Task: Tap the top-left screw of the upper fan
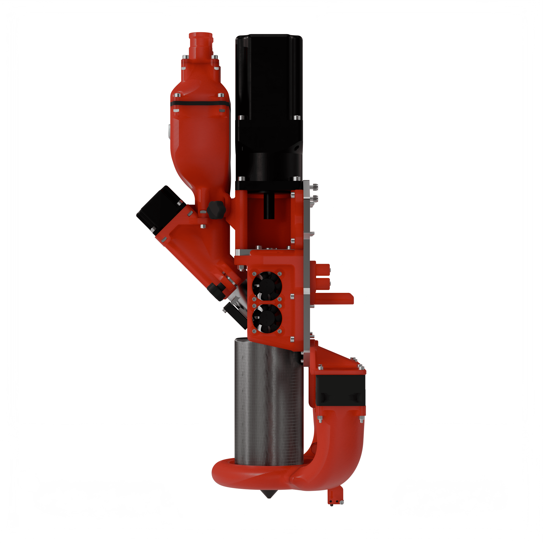pos(254,273)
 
